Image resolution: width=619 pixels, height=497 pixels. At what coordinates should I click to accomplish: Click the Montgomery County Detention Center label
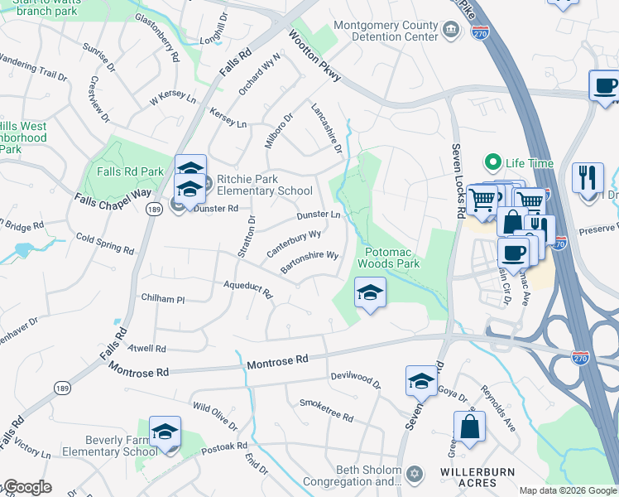(x=386, y=31)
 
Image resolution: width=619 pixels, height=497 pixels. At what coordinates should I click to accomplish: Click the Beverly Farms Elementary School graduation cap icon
(x=166, y=432)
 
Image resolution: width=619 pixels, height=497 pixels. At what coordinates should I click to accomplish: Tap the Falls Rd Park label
(x=130, y=171)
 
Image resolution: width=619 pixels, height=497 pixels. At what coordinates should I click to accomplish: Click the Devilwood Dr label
(x=355, y=380)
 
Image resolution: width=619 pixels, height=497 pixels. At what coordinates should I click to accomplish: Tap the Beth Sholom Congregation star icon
(x=415, y=474)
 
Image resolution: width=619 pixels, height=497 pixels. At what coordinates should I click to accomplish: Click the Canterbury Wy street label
(x=294, y=244)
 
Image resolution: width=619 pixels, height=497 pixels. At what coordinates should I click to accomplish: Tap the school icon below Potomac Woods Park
(x=370, y=292)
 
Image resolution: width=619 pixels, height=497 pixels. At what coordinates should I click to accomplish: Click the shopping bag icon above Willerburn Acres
(x=469, y=427)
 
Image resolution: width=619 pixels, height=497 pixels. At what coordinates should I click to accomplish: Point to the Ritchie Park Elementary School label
(x=260, y=185)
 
